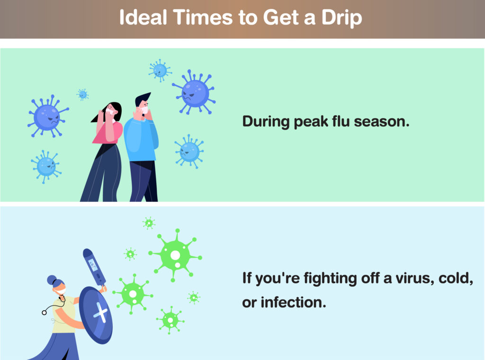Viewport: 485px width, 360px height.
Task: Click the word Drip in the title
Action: pos(342,18)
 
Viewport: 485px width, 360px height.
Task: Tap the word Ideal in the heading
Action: pos(143,17)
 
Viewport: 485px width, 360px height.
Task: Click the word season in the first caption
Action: pos(382,122)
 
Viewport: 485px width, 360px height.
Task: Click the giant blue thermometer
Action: pos(94,268)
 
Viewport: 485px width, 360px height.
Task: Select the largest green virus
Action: pos(175,256)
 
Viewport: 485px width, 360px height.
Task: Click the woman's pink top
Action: pos(108,132)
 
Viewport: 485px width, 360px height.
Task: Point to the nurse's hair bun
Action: pos(52,280)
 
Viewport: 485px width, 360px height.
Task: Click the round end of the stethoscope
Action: pos(44,313)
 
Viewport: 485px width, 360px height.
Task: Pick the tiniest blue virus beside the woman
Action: pos(82,94)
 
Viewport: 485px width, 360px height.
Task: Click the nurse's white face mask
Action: pos(61,291)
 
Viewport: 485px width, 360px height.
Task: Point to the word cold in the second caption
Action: pos(456,279)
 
